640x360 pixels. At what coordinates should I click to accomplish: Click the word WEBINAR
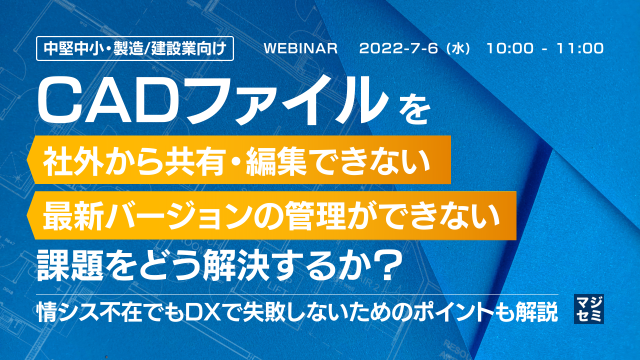pos(301,49)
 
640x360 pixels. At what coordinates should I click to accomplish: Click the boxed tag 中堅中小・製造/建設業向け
pos(135,49)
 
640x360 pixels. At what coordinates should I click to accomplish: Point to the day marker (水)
pos(458,49)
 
